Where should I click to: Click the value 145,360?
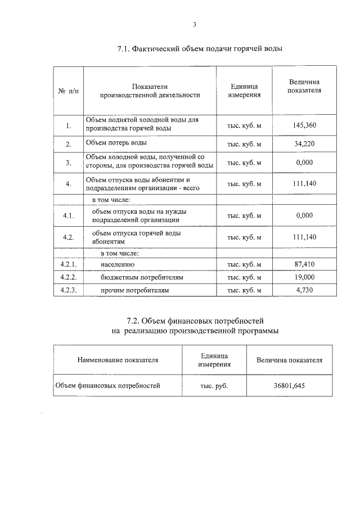click(x=304, y=125)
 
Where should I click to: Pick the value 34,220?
click(x=304, y=144)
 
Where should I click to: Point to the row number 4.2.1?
click(x=68, y=264)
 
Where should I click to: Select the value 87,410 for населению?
click(x=304, y=264)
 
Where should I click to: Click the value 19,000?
click(x=304, y=277)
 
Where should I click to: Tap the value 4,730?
click(x=304, y=291)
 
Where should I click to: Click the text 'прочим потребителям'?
click(x=135, y=291)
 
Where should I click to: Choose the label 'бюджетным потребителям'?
click(x=142, y=277)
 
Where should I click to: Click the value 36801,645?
click(x=289, y=386)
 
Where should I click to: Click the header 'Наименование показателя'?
click(x=118, y=360)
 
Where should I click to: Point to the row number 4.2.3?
click(x=68, y=291)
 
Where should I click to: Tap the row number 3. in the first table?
click(x=68, y=163)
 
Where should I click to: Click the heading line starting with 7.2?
click(x=195, y=321)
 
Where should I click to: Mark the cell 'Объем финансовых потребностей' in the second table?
click(x=107, y=385)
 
